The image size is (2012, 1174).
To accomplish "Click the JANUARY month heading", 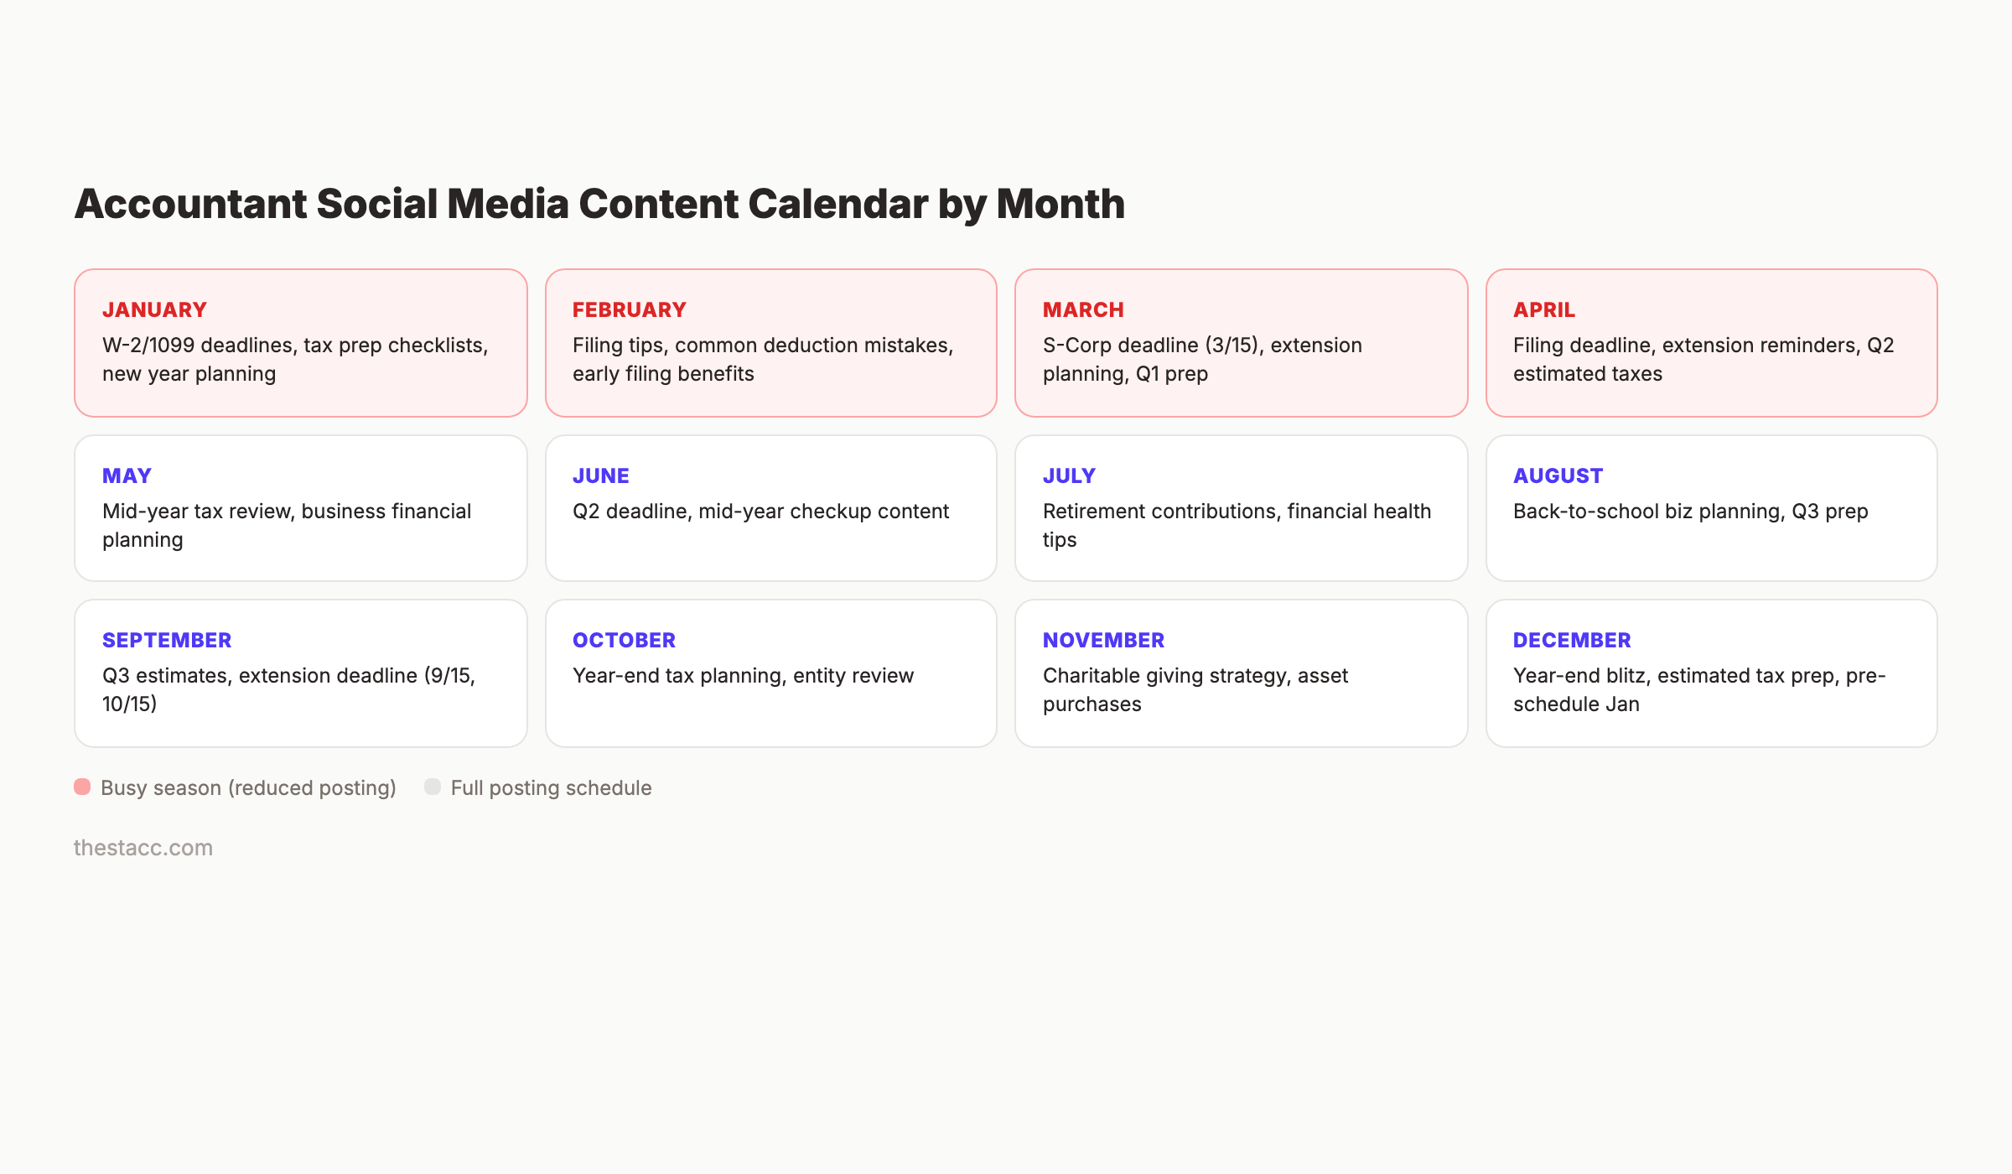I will point(154,309).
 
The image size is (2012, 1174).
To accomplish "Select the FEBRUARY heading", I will point(629,309).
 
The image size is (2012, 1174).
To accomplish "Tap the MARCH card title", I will point(1083,309).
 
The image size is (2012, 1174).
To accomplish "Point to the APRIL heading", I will point(1543,309).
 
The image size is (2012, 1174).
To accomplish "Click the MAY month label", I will point(127,475).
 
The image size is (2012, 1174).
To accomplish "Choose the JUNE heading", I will point(600,475).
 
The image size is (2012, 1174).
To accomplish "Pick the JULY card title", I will point(1069,475).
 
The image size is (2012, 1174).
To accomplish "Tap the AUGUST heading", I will point(1558,475).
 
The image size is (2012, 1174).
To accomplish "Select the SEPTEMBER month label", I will point(167,640).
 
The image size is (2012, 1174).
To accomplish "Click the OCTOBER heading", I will point(624,640).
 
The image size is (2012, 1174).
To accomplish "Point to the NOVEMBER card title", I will point(1103,640).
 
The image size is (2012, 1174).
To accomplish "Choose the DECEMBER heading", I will point(1572,640).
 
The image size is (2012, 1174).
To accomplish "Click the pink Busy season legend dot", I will point(82,787).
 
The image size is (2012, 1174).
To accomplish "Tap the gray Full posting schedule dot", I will point(433,787).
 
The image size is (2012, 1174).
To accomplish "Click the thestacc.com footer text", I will point(143,848).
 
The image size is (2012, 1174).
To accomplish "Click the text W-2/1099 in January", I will point(148,345).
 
